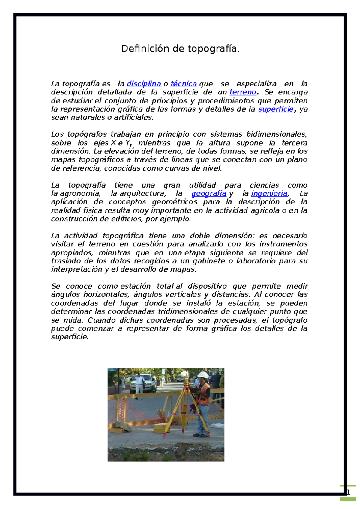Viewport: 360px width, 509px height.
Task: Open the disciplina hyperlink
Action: tap(144, 84)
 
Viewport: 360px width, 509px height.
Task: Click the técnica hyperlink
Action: tap(184, 84)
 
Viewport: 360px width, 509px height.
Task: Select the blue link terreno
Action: tap(243, 92)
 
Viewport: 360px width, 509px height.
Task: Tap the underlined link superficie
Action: tap(276, 109)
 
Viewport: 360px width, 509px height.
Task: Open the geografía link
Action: tap(209, 194)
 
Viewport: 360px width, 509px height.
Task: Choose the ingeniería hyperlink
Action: tap(269, 194)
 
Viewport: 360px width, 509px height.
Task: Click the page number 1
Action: tap(348, 492)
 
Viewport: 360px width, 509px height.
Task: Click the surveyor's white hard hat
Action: tap(203, 375)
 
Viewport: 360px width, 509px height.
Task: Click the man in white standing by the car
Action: tap(139, 384)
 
